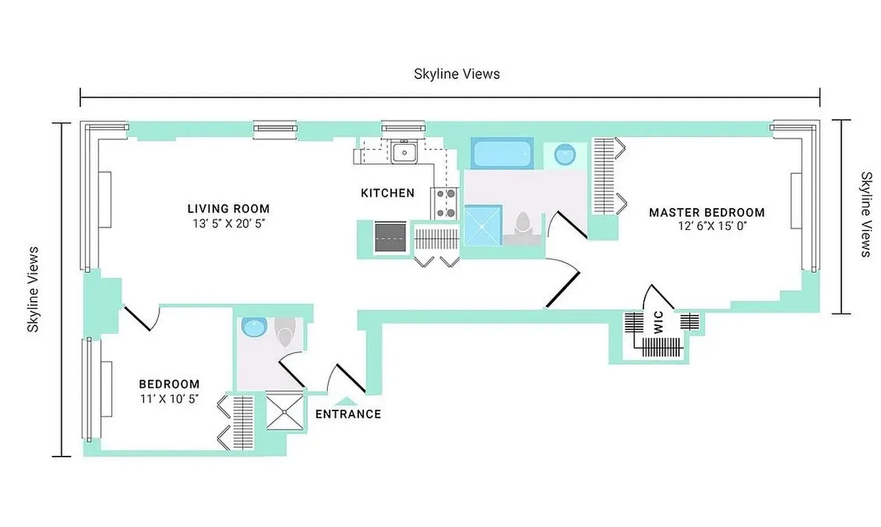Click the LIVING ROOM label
point(228,209)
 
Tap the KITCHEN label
point(387,193)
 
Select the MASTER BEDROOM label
point(707,212)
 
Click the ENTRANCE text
point(348,414)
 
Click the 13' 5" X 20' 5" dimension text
point(228,223)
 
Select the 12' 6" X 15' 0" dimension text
point(707,226)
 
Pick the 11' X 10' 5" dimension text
point(169,399)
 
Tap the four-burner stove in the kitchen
point(444,203)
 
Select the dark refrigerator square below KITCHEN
point(390,236)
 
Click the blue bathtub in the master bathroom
point(502,153)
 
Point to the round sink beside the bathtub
point(564,154)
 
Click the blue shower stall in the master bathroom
point(483,225)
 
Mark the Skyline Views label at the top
point(456,74)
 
